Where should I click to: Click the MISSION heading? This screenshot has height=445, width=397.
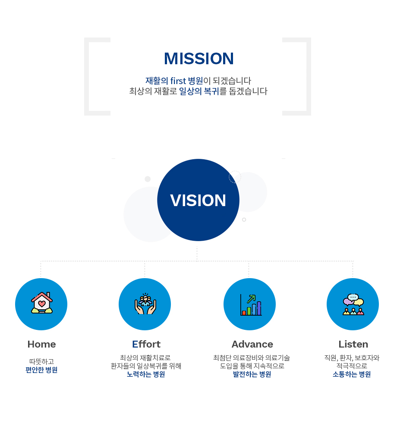click(199, 59)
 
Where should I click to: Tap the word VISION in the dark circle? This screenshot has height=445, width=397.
click(198, 201)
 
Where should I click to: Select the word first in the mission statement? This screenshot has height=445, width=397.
click(178, 81)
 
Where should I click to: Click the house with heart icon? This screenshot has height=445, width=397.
click(42, 303)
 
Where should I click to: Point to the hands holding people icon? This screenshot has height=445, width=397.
click(145, 304)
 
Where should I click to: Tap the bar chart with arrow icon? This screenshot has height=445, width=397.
click(251, 305)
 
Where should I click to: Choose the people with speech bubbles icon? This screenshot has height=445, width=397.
click(353, 304)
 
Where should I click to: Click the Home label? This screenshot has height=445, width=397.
click(42, 344)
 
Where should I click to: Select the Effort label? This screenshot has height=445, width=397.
click(146, 344)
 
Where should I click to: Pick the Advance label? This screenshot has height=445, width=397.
click(252, 344)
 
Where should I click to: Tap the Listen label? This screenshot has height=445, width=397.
click(353, 344)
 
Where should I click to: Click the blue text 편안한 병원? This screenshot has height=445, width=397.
click(41, 370)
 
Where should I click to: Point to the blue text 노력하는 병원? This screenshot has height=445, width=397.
click(146, 374)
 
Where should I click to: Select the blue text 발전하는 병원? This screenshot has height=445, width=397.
click(252, 374)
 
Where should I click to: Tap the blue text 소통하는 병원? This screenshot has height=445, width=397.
click(352, 374)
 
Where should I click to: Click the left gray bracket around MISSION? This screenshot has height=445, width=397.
click(87, 77)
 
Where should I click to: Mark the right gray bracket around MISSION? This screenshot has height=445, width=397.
click(309, 77)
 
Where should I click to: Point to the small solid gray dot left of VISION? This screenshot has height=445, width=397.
click(148, 179)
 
